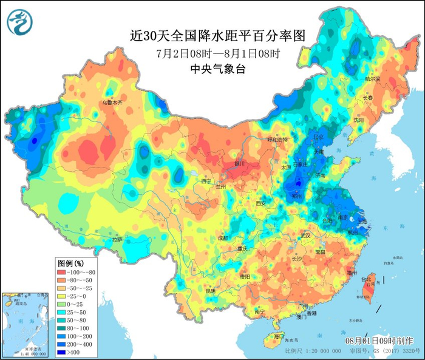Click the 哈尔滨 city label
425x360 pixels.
pos(372,79)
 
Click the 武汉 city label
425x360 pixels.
pos(305,236)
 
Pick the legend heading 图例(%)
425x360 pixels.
pos(70,263)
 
